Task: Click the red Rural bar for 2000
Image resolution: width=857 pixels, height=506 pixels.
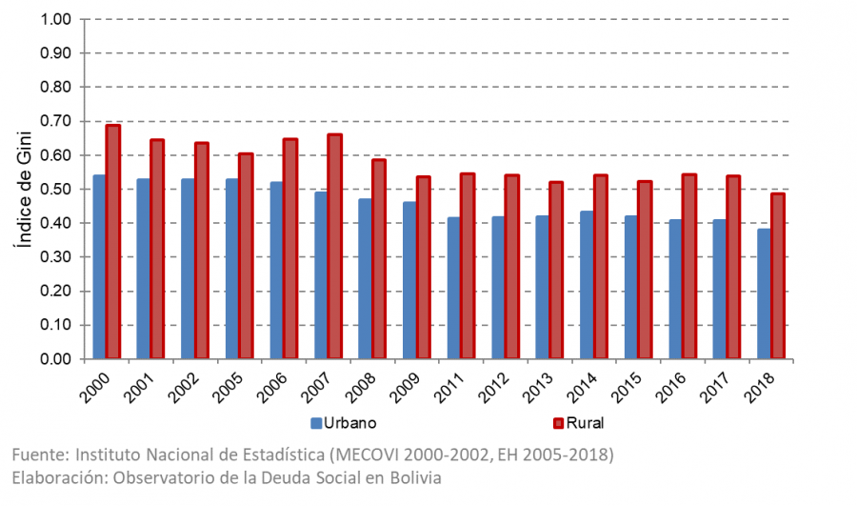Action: point(112,242)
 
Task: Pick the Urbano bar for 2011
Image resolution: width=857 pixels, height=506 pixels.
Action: point(453,288)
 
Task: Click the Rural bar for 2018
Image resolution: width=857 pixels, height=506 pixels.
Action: point(778,276)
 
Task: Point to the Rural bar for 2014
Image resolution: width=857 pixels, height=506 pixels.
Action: point(601,267)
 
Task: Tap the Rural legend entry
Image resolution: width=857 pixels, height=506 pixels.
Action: point(582,422)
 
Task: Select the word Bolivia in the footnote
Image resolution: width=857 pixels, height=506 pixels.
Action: point(416,478)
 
